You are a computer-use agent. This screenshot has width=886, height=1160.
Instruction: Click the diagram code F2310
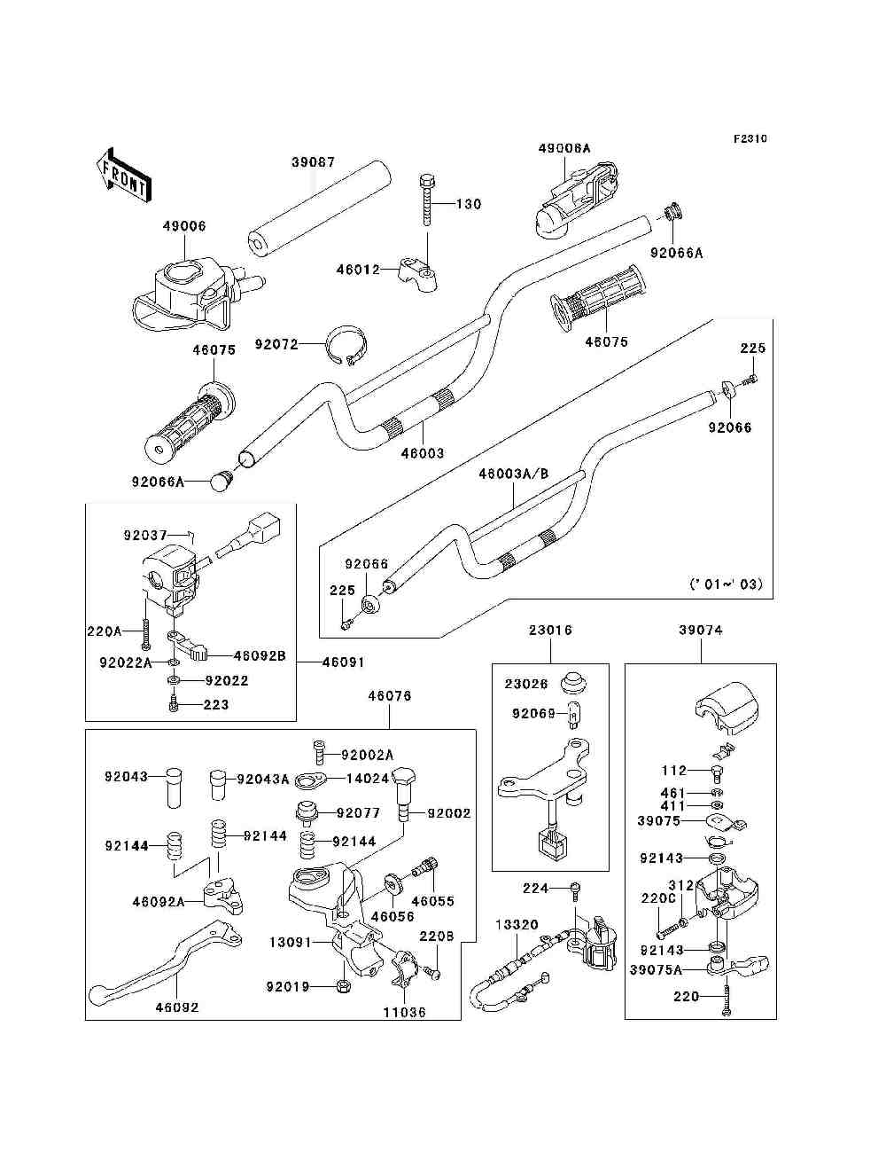(750, 139)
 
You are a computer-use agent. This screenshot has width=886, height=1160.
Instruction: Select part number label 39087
(313, 162)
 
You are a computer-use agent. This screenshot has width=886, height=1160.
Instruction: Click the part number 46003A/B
(513, 474)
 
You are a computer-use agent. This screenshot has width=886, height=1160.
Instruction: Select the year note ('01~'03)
(725, 584)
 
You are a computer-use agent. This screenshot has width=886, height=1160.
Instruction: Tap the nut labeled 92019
(343, 986)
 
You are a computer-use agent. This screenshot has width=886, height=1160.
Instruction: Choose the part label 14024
(369, 780)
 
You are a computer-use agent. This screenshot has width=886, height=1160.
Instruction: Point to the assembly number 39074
(700, 631)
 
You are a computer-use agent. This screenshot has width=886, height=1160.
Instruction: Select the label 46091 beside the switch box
(342, 662)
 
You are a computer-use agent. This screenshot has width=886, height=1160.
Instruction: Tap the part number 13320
(516, 924)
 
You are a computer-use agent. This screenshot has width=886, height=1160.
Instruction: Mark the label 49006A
(563, 149)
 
